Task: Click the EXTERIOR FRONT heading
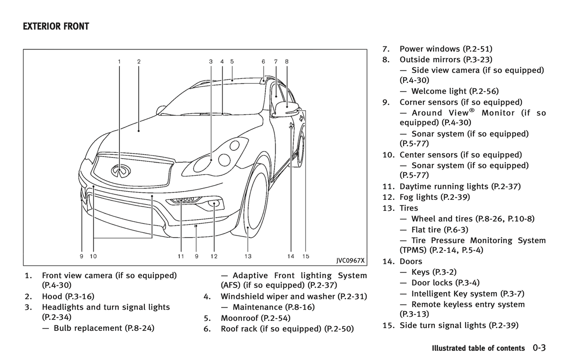pyautogui.click(x=56, y=27)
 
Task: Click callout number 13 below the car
pyautogui.click(x=248, y=257)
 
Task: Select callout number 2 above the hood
pyautogui.click(x=139, y=61)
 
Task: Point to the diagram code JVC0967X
pyautogui.click(x=350, y=260)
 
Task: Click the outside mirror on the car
pyautogui.click(x=287, y=108)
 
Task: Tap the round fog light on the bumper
pyautogui.click(x=215, y=203)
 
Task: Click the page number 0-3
pyautogui.click(x=539, y=348)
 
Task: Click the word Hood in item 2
pyautogui.click(x=52, y=297)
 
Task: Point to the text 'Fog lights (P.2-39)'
pyautogui.click(x=435, y=197)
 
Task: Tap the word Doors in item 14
pyautogui.click(x=411, y=261)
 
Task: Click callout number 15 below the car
pyautogui.click(x=306, y=257)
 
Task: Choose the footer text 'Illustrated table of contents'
pyautogui.click(x=478, y=348)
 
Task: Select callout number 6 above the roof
pyautogui.click(x=263, y=61)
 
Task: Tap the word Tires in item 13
pyautogui.click(x=409, y=208)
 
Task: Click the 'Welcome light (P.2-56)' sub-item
pyautogui.click(x=455, y=91)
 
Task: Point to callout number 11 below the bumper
pyautogui.click(x=181, y=257)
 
